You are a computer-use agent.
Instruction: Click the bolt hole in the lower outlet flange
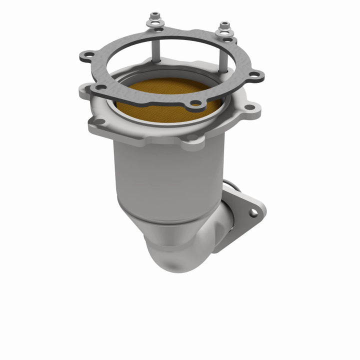(253, 212)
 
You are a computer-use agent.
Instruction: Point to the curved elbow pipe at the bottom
(175, 250)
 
